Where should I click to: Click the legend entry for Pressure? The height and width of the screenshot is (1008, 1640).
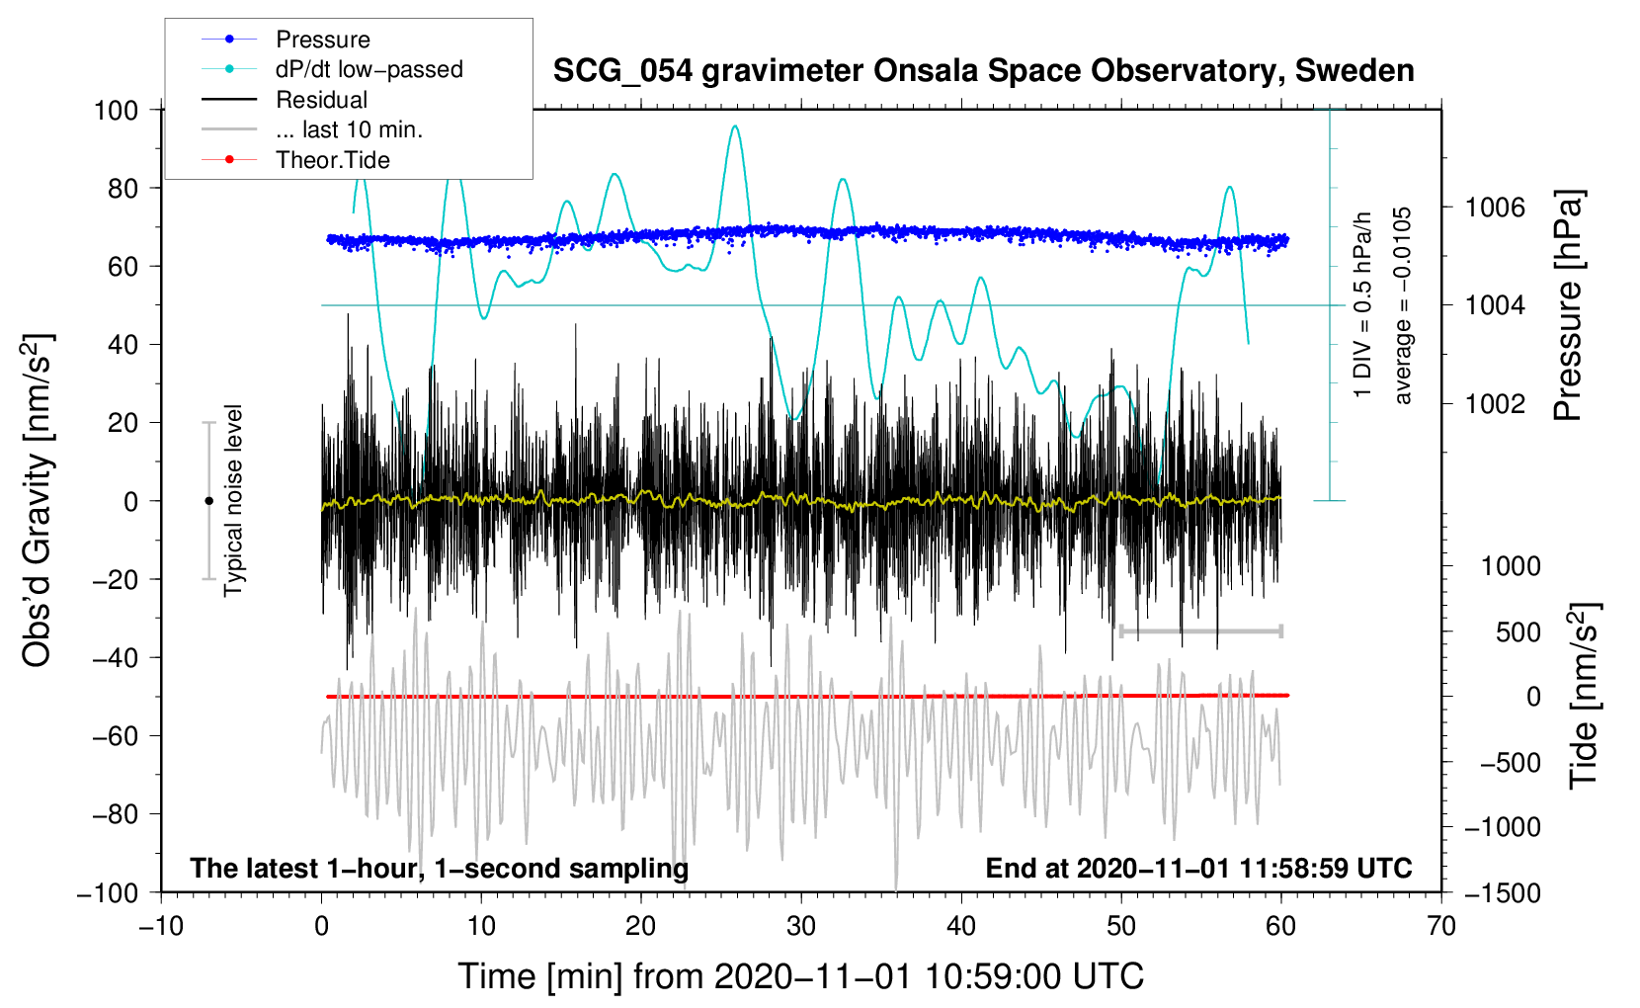(322, 40)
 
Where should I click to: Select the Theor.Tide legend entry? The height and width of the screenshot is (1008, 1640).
(332, 160)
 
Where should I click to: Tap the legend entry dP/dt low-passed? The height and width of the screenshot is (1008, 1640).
(369, 69)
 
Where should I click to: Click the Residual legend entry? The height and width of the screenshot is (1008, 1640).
(321, 100)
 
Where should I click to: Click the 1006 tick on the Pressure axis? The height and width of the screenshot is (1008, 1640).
(1495, 208)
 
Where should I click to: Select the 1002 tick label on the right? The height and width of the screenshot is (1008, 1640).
(1495, 403)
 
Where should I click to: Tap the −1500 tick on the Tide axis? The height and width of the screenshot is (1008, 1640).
(1502, 892)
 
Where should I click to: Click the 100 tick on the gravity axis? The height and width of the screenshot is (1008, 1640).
(116, 110)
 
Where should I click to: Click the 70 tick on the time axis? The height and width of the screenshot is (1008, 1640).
(1441, 926)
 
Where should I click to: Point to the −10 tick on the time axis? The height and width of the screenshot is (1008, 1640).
(161, 926)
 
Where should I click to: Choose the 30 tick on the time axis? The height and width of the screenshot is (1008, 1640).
(801, 926)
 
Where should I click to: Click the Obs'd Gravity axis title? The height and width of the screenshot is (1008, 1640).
(38, 500)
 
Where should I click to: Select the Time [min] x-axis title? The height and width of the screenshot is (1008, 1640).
(800, 976)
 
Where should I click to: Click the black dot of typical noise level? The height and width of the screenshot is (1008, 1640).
(208, 501)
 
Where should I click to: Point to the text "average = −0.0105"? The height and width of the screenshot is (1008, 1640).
(1403, 305)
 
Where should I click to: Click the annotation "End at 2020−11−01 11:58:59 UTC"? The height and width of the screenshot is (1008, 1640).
(1198, 868)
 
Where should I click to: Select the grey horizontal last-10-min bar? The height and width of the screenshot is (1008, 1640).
(1200, 631)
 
